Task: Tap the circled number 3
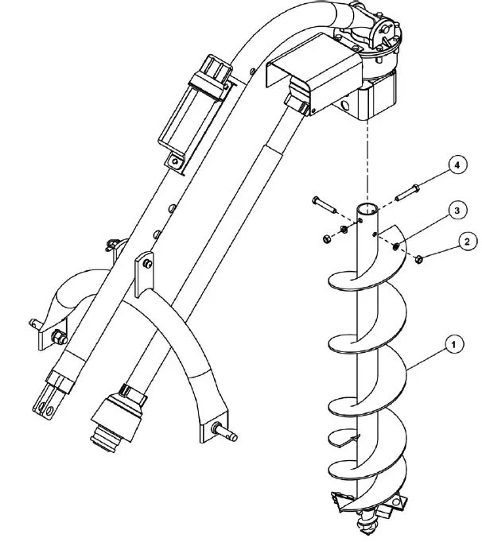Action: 454,210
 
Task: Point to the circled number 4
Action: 455,166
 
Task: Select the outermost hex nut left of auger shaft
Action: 325,238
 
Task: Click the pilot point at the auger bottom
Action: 367,525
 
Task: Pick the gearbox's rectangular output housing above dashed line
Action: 381,100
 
